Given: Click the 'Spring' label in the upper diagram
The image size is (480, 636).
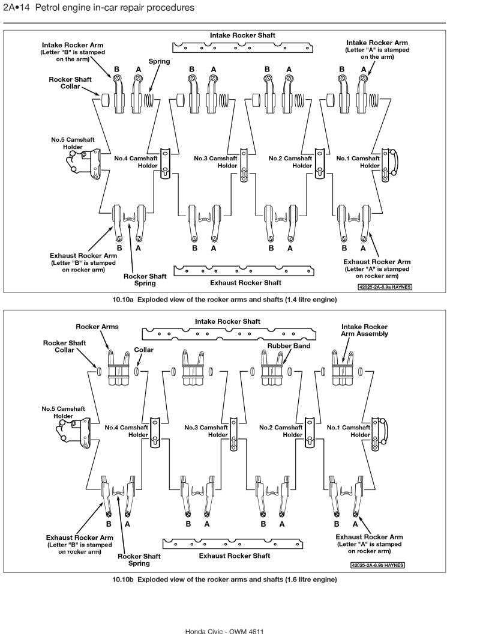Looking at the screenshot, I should pyautogui.click(x=159, y=61).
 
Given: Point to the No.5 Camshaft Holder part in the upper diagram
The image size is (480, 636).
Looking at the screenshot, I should pyautogui.click(x=85, y=161).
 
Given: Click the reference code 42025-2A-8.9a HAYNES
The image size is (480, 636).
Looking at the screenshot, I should pyautogui.click(x=385, y=287).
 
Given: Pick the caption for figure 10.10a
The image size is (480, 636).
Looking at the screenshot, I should pyautogui.click(x=224, y=299).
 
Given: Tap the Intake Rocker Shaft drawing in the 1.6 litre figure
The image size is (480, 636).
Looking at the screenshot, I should pyautogui.click(x=229, y=333).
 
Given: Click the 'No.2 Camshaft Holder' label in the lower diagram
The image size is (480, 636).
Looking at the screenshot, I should pyautogui.click(x=281, y=431).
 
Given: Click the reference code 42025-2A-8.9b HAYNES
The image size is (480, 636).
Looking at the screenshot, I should pyautogui.click(x=377, y=565).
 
